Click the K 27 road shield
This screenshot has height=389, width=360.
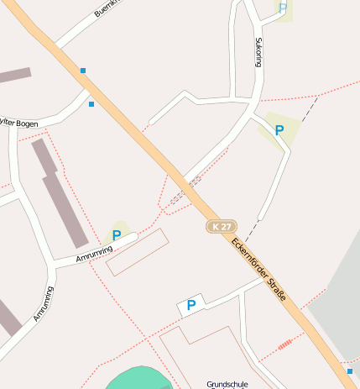pyautogui.click(x=222, y=227)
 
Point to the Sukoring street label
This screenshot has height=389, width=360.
pyautogui.click(x=258, y=51)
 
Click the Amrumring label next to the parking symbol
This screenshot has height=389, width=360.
pyautogui.click(x=94, y=253)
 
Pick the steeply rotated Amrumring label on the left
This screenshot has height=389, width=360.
pyautogui.click(x=43, y=304)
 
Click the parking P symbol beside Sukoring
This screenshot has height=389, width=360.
pyautogui.click(x=279, y=130)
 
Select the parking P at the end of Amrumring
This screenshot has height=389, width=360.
pyautogui.click(x=117, y=236)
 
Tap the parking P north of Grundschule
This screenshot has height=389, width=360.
pyautogui.click(x=191, y=306)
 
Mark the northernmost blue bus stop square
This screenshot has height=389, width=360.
pyautogui.click(x=83, y=71)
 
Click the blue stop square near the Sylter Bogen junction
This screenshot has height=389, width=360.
pyautogui.click(x=91, y=104)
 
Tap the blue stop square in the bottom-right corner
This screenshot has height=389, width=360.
pyautogui.click(x=350, y=371)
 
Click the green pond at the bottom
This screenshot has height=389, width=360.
pyautogui.click(x=139, y=380)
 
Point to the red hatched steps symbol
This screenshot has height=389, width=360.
pyautogui.click(x=285, y=344)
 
